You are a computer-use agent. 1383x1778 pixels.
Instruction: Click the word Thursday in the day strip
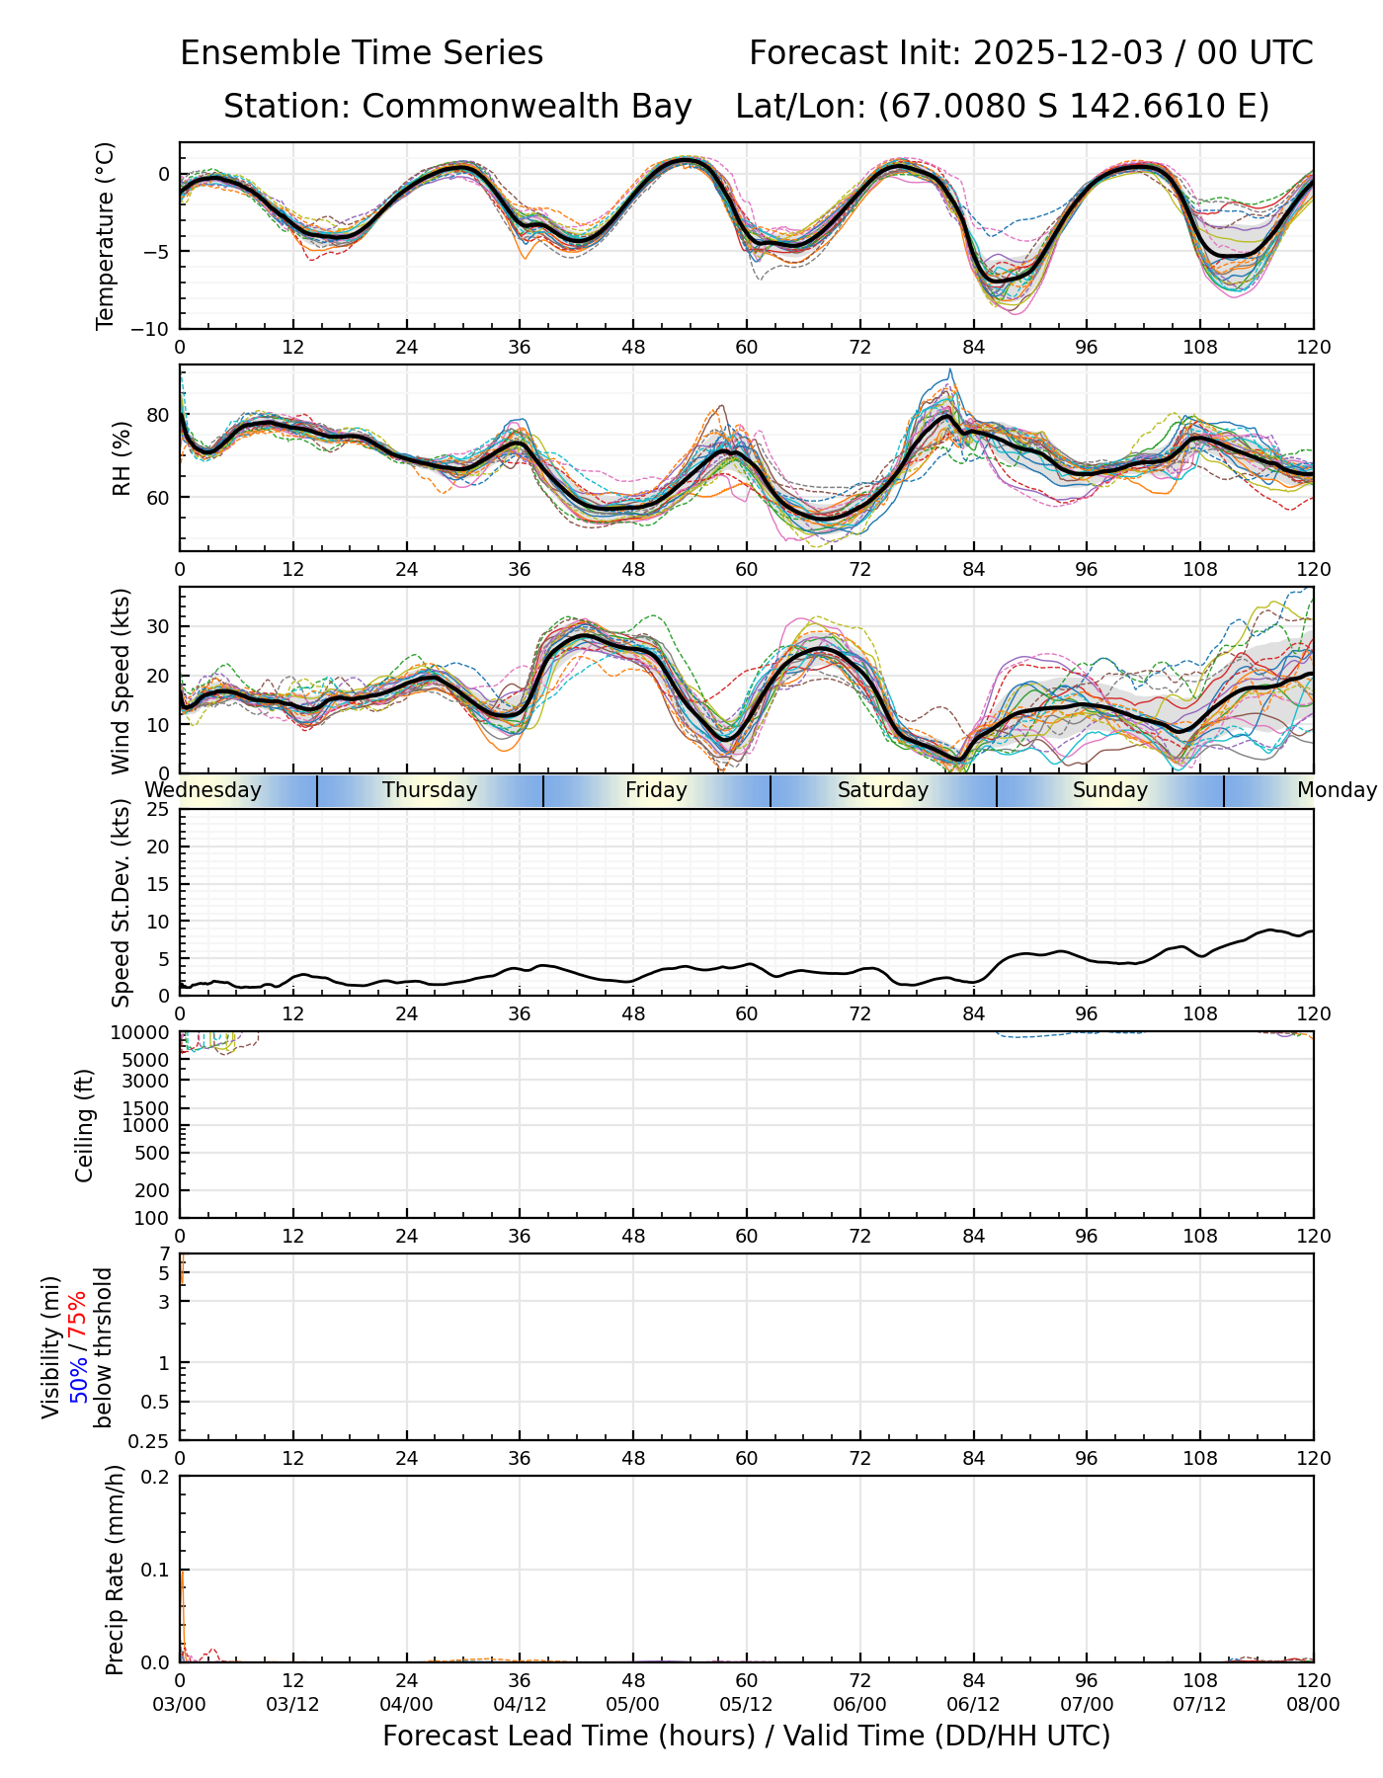pos(430,790)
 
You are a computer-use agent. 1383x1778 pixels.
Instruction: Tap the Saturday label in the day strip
pos(883,790)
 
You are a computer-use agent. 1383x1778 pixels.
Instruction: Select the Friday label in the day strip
pos(656,790)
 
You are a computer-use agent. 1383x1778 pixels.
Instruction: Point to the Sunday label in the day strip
pos(1110,790)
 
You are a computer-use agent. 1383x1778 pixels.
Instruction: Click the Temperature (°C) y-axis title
pos(106,235)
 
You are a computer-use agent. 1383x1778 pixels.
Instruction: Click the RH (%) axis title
pos(122,457)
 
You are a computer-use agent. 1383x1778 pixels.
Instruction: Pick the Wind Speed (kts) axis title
pos(121,681)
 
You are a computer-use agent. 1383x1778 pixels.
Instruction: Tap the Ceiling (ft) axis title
pos(85,1125)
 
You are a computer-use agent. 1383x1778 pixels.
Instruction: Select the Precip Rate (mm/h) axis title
pos(116,1570)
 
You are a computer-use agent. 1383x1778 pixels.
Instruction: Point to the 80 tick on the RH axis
pos(158,415)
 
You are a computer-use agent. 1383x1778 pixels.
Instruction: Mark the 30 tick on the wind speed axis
pos(158,626)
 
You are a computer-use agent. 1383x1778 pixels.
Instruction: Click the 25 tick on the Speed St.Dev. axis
pos(158,810)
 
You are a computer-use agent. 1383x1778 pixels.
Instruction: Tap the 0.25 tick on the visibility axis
pos(151,1440)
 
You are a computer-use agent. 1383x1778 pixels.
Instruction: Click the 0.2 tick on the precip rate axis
pos(156,1477)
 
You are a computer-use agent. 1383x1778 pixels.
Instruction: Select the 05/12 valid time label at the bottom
pos(747,1704)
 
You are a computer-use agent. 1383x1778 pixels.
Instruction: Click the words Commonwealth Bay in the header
pos(527,107)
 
